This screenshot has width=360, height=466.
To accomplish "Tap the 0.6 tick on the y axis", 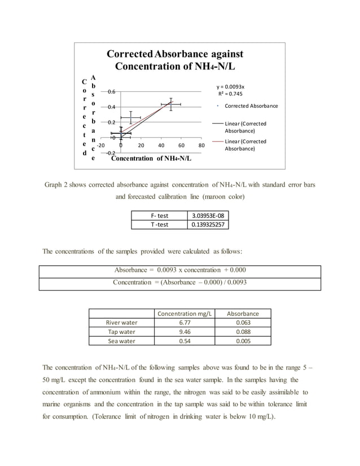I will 112,91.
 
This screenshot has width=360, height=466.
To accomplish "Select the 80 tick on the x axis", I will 201,145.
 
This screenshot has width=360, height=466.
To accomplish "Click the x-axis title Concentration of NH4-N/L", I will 151,158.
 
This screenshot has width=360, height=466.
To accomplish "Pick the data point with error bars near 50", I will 170,104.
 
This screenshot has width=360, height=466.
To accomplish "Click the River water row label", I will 122,323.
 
